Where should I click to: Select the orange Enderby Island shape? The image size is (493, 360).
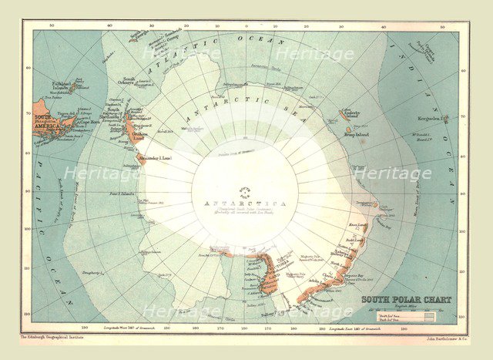(x=342, y=116)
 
